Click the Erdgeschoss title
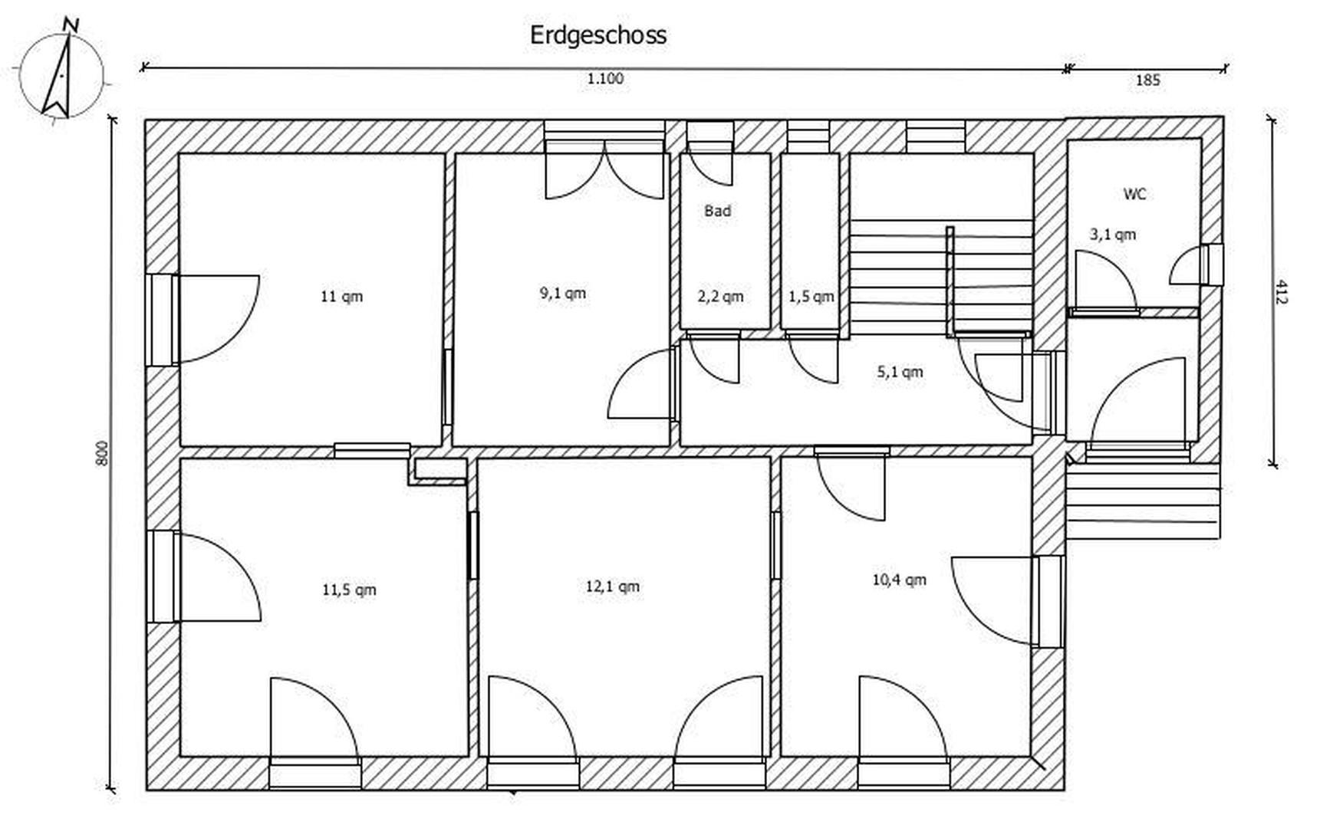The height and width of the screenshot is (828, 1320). coord(598,35)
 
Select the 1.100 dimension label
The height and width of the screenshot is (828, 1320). coord(605,78)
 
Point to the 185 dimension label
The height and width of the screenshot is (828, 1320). coord(1147,80)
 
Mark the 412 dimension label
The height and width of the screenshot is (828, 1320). coord(1280,292)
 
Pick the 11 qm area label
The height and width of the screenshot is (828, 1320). coord(341,296)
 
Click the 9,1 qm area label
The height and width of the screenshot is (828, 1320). coord(562,293)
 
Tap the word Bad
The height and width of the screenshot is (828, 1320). coord(717,211)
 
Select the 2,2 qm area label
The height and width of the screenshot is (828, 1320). coord(720,296)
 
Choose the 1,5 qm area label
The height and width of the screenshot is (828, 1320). coord(811,296)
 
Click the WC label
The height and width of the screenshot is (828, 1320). coord(1134,194)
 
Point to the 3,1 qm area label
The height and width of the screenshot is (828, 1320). coord(1113,234)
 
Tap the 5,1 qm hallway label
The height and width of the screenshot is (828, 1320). coord(900,372)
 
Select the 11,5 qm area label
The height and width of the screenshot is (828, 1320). coord(349,590)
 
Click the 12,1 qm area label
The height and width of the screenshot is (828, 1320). coord(612,586)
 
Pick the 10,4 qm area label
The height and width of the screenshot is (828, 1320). coord(899,580)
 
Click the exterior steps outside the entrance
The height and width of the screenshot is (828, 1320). coord(1142,502)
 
